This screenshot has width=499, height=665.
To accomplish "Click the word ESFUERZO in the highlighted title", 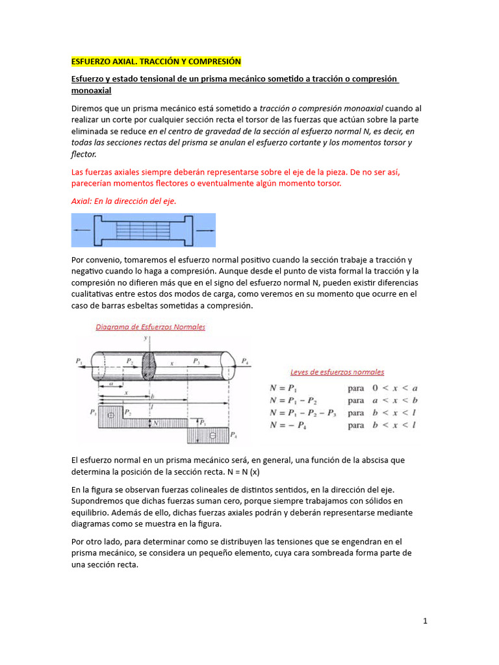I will coord(92,62).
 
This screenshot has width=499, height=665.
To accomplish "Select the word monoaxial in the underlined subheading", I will coord(91,91).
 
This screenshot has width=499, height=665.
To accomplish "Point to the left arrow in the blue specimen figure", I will coord(81,231).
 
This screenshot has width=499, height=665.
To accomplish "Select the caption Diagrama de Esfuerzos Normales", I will coord(151,327).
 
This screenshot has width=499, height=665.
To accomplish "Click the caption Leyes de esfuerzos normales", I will coord(337,372).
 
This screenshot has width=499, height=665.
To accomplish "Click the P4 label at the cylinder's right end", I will coord(244,360).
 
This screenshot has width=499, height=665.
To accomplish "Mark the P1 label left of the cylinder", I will coord(79,360).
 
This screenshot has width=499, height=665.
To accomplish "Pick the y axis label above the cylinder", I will coord(146,339).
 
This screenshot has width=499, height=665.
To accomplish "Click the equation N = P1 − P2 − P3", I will coord(302,413).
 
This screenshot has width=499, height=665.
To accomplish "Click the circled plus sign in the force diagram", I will coord(111,414).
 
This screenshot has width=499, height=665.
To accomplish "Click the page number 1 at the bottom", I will coord(425,621).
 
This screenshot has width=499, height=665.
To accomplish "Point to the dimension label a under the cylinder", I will coord(111,384).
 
